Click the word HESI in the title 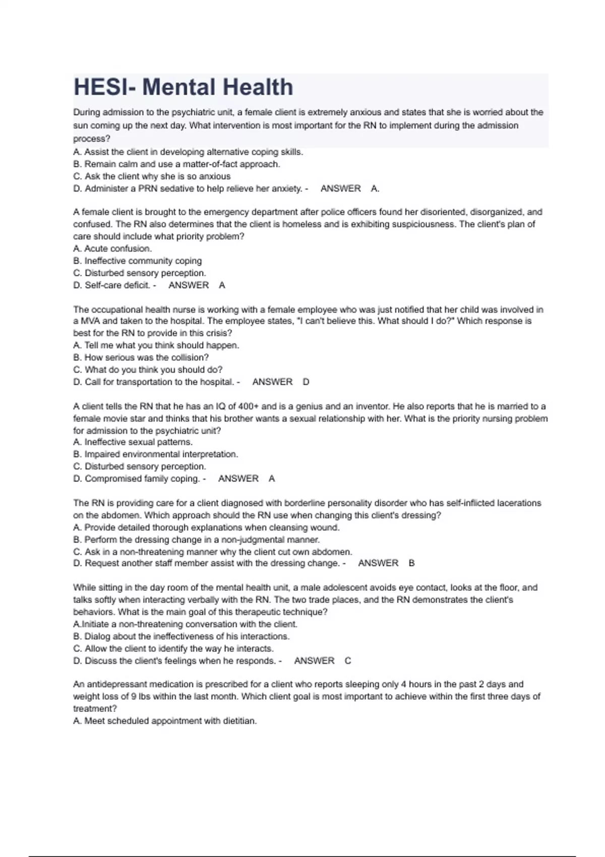click(100, 87)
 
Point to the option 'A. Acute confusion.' click(112, 249)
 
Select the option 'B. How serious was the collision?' click(141, 357)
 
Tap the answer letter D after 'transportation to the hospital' click(306, 382)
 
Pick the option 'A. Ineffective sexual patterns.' click(133, 442)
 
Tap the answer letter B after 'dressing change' click(412, 563)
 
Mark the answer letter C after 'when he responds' click(348, 660)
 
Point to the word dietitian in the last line click(239, 721)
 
